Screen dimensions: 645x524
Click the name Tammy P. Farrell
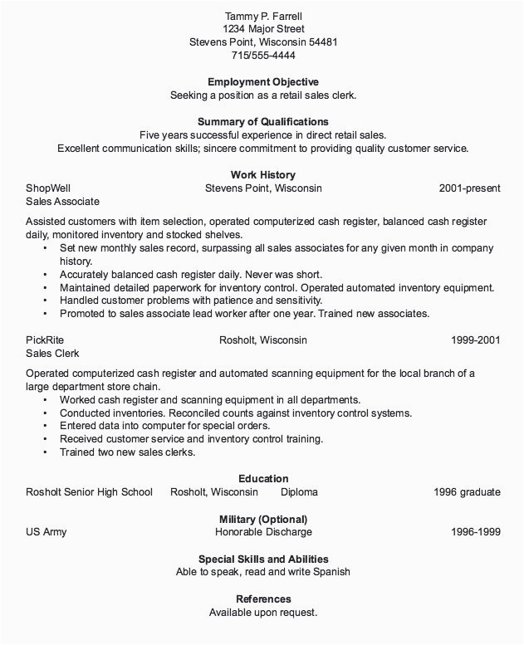coord(262,16)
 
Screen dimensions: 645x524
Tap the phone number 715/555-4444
coord(262,56)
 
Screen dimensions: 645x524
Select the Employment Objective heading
coord(262,82)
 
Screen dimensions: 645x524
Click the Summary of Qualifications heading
coord(262,122)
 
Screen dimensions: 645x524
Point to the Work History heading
coord(262,175)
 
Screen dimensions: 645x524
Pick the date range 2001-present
coord(469,188)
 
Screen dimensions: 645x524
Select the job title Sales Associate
coord(62,202)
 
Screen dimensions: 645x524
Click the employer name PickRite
coord(45,340)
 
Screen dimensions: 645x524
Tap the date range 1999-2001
coord(476,340)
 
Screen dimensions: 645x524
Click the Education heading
coord(263,479)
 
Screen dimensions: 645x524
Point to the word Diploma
coord(299,492)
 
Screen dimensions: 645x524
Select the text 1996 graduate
coord(467,492)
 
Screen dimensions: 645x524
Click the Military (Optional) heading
coord(262,519)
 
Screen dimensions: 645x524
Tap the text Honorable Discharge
coord(263,532)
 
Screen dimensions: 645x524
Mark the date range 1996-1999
coord(476,532)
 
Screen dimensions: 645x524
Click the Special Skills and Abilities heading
coord(263,559)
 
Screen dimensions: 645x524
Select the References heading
coord(263,599)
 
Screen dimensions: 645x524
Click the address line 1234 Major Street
coord(262,29)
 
